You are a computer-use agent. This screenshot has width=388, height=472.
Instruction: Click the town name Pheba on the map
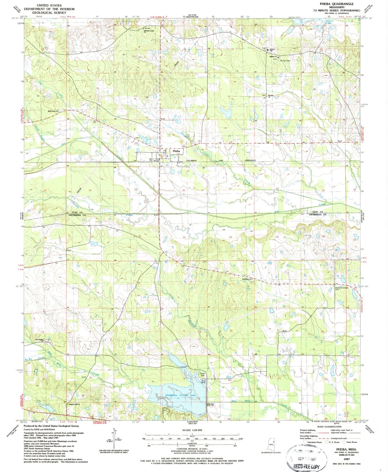pyautogui.click(x=176, y=151)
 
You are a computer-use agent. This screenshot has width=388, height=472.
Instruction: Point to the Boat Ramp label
pyautogui.click(x=204, y=381)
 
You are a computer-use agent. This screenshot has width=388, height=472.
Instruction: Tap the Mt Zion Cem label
pyautogui.click(x=285, y=60)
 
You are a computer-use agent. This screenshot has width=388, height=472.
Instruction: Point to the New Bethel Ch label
pyautogui.click(x=39, y=340)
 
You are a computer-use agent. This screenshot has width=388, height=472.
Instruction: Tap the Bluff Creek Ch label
pyautogui.click(x=53, y=111)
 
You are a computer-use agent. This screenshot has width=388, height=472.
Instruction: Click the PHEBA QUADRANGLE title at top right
pyautogui.click(x=337, y=4)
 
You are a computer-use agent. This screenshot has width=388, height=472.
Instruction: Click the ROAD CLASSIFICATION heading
pyautogui.click(x=329, y=427)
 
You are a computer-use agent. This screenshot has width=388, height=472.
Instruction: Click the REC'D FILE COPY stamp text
pyautogui.click(x=306, y=467)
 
